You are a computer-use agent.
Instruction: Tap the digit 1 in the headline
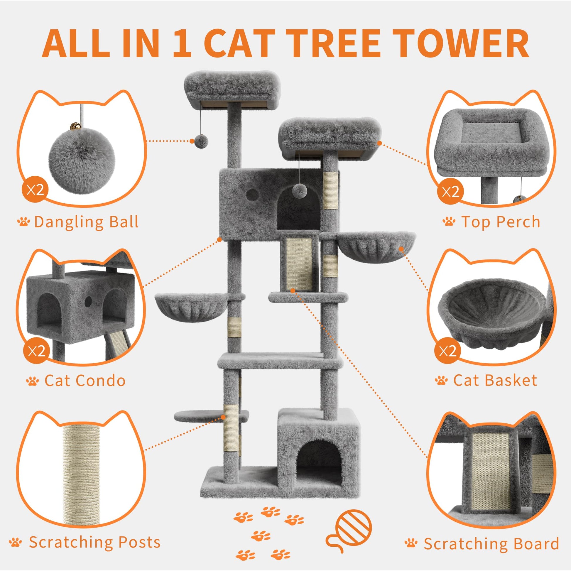click(x=181, y=44)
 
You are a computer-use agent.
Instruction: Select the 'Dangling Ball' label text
click(x=86, y=222)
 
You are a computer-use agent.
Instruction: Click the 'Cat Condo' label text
click(x=85, y=380)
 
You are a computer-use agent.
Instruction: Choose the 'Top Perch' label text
click(x=501, y=222)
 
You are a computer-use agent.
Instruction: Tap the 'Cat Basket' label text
click(x=495, y=380)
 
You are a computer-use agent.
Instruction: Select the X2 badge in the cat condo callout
click(x=36, y=351)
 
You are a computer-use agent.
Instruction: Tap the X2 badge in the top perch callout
click(x=450, y=192)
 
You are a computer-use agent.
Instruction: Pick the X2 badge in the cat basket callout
click(x=448, y=351)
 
